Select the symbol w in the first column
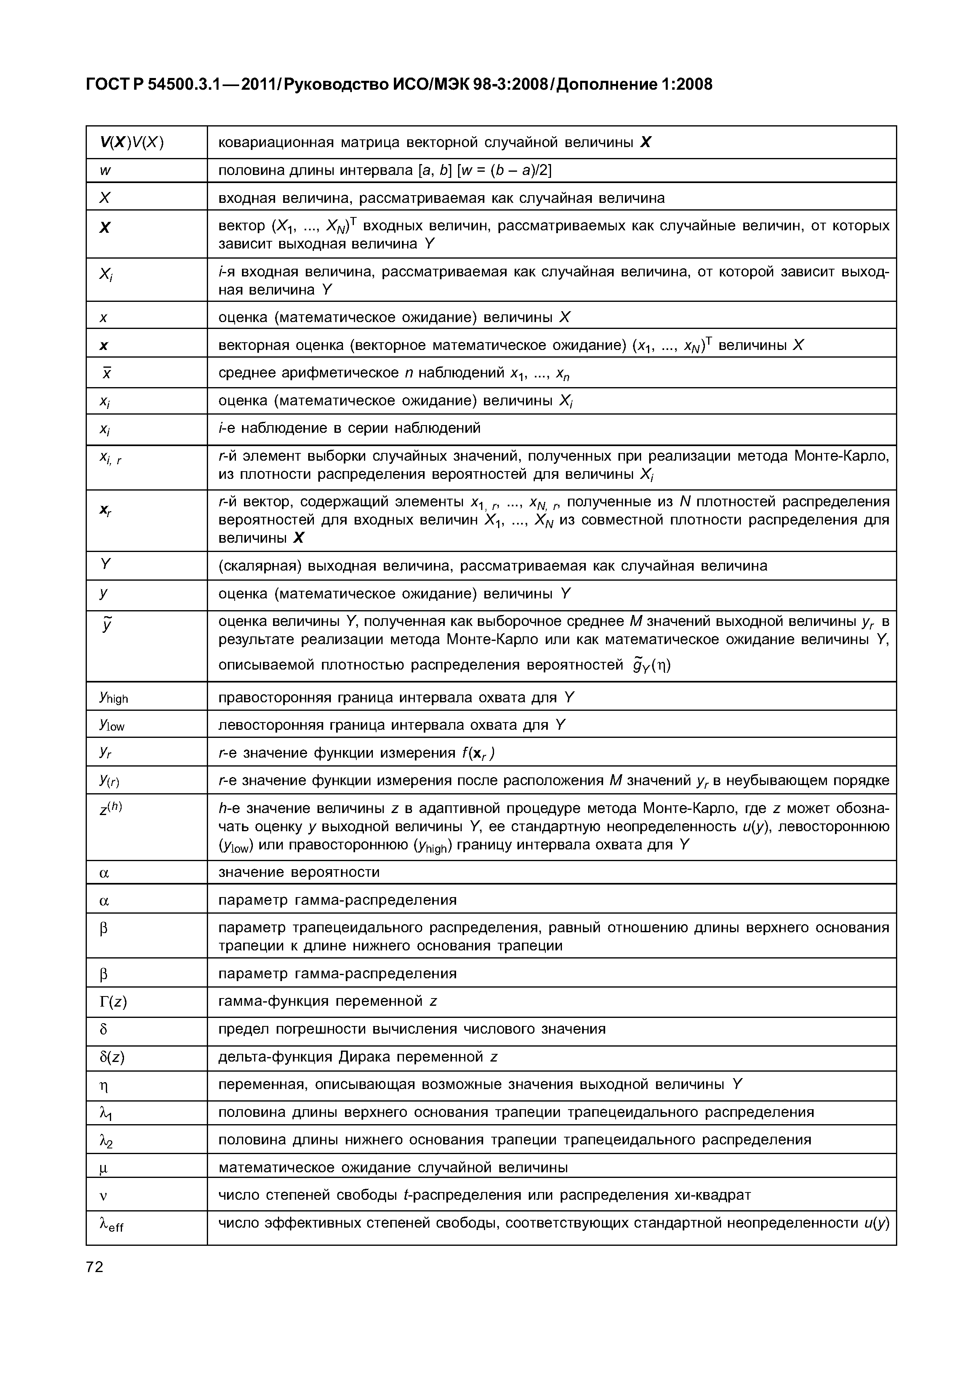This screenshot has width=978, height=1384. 105,171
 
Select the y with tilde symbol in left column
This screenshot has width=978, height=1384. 106,623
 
